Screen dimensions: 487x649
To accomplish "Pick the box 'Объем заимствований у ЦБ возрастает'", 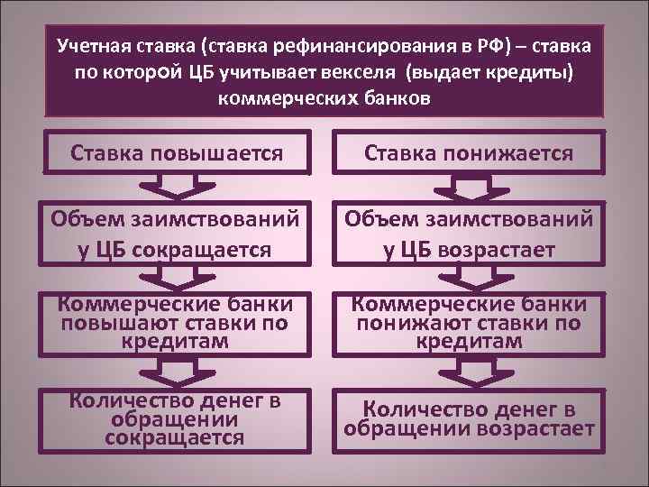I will tap(469, 234).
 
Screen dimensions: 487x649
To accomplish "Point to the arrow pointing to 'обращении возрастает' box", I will tap(469, 369).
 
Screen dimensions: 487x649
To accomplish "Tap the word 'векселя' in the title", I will tap(365, 70).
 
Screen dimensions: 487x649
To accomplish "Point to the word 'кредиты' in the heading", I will tap(529, 70).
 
